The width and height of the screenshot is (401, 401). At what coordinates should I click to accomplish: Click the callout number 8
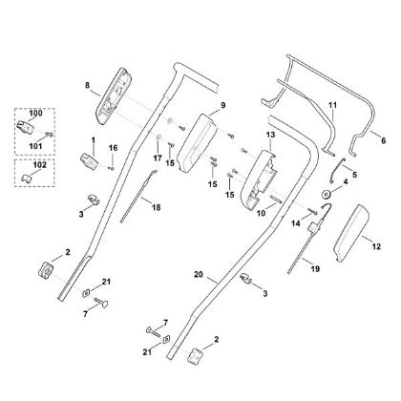click(x=87, y=85)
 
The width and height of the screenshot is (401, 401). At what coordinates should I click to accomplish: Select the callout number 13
click(x=270, y=137)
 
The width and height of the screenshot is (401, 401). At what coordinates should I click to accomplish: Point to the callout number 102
click(x=37, y=163)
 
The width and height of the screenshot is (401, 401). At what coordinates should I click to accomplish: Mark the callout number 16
click(x=113, y=148)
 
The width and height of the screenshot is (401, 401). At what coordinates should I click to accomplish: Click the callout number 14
click(x=296, y=222)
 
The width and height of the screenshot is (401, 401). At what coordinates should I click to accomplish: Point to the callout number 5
click(x=354, y=175)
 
